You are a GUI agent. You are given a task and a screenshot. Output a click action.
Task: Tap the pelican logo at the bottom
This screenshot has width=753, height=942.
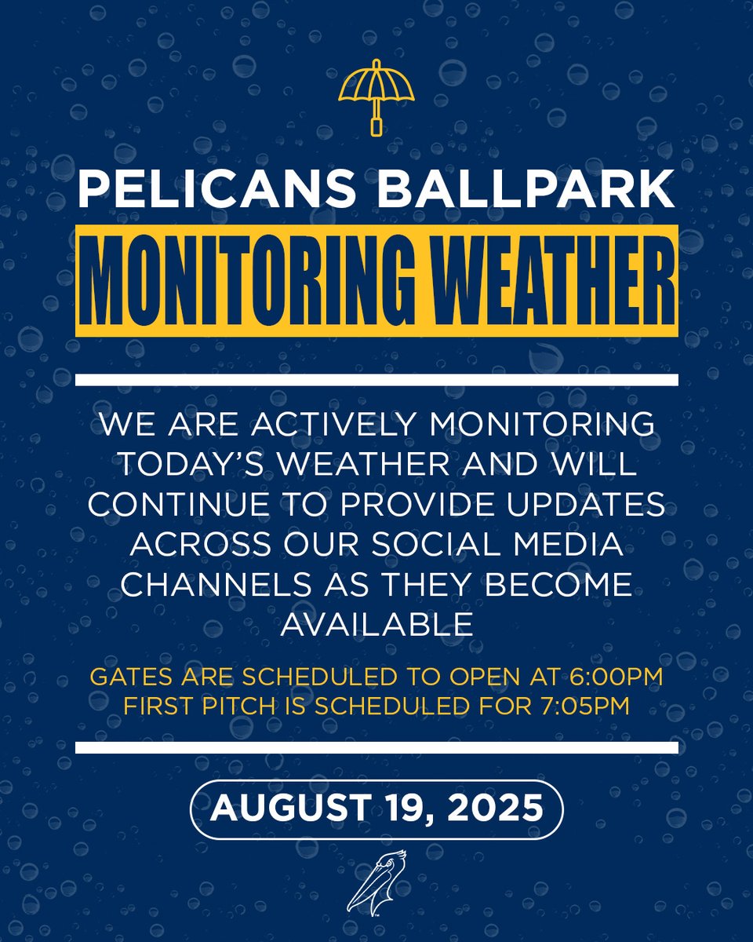tap(376, 882)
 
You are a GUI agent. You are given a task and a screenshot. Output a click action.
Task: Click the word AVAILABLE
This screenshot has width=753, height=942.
tap(376, 625)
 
